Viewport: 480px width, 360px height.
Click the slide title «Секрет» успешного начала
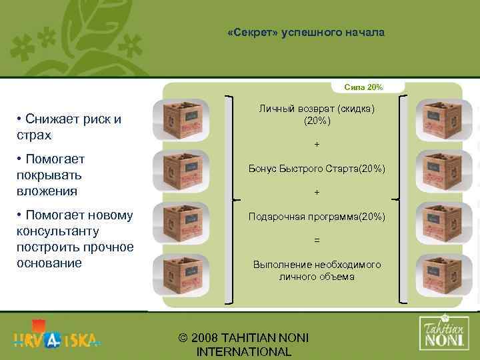306,32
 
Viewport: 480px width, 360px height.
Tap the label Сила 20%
363,87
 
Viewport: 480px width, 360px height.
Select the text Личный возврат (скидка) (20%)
317,115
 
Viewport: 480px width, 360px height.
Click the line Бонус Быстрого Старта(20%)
317,170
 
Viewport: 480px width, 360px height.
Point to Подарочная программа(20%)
317,217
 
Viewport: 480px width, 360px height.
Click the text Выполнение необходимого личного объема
317,270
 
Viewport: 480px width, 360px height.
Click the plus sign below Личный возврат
317,145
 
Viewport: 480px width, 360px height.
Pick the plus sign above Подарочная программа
317,193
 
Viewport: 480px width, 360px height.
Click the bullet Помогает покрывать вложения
56,175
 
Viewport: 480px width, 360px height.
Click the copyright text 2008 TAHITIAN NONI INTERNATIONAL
244,345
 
